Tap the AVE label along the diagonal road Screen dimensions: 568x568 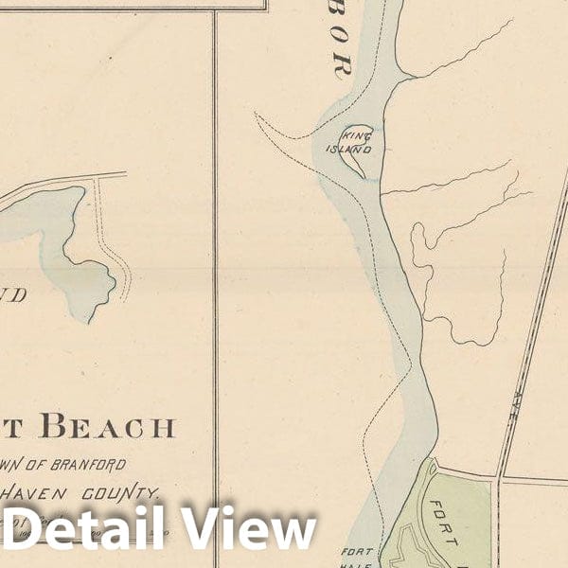(523, 402)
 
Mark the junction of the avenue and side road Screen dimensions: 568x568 (499, 477)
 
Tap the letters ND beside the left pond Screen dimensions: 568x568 (12, 295)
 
